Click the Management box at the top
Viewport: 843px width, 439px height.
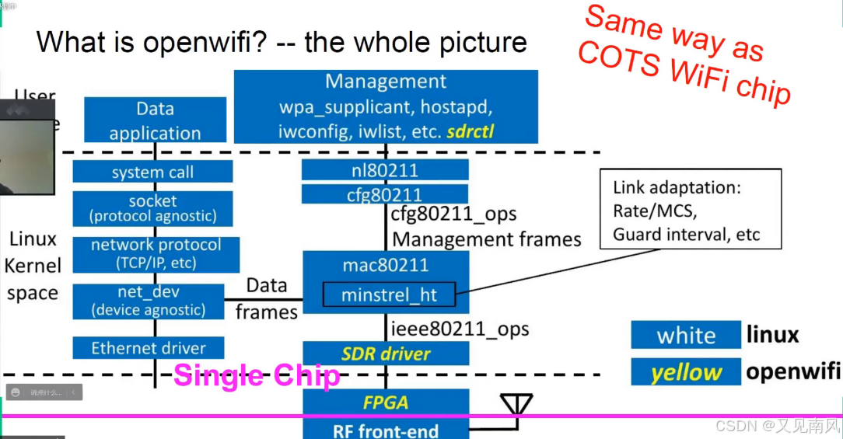(386, 106)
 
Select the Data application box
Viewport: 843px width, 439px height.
(155, 120)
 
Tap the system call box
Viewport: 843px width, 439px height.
(152, 172)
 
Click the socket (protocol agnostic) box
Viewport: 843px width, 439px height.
(152, 208)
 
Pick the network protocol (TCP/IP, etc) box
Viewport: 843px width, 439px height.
(156, 253)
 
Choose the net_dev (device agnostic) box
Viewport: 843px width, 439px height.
(149, 301)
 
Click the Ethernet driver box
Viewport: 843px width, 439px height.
(149, 348)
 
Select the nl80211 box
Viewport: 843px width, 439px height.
(385, 169)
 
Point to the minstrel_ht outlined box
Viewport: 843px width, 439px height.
(390, 294)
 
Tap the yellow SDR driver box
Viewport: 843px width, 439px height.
(386, 354)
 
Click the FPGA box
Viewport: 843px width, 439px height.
(386, 402)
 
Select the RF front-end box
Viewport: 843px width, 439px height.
(386, 430)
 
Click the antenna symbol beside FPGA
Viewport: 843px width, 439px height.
(516, 405)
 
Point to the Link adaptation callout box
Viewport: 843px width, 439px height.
(691, 211)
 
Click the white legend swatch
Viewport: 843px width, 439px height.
(685, 335)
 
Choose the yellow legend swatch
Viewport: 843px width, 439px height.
(685, 372)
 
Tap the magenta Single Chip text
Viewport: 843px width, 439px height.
(257, 376)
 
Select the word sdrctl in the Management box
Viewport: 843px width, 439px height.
(470, 131)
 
